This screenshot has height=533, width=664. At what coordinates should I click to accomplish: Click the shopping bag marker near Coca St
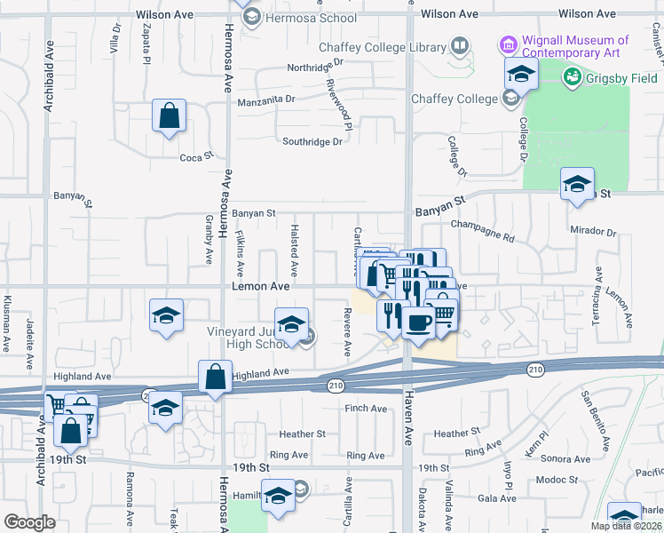168,116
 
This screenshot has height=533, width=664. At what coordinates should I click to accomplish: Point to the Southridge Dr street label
312,142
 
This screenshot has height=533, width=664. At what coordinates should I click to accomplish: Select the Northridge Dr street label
314,68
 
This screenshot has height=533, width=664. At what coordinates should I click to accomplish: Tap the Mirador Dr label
594,232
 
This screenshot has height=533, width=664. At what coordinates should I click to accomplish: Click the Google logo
29,522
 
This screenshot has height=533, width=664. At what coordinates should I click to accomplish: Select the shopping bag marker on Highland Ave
216,378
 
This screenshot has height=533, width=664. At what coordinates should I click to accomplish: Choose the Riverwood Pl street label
336,100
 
